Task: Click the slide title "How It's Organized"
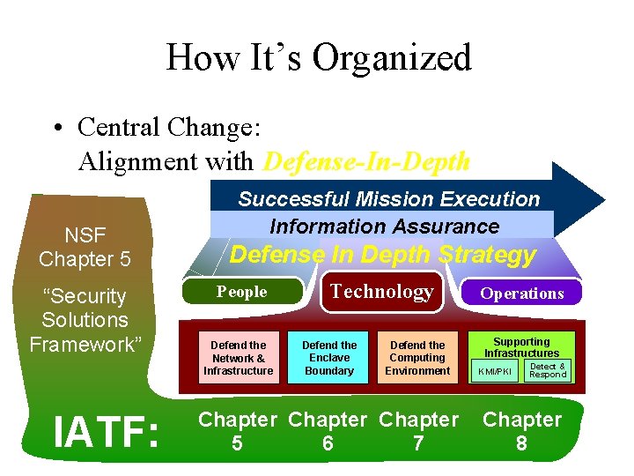318,58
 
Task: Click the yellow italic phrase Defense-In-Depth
366,162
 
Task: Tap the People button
242,292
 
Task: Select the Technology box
381,292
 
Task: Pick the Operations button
521,294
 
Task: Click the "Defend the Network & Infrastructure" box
238,358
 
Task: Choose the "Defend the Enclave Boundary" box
329,358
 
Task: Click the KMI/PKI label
494,371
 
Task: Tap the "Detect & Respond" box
548,370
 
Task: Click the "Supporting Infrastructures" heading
521,347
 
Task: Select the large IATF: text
107,433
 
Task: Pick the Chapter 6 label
328,431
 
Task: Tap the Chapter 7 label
419,431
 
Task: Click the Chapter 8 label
521,431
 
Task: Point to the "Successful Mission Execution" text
388,199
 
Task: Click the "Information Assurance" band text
384,227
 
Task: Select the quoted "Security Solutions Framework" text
85,320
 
